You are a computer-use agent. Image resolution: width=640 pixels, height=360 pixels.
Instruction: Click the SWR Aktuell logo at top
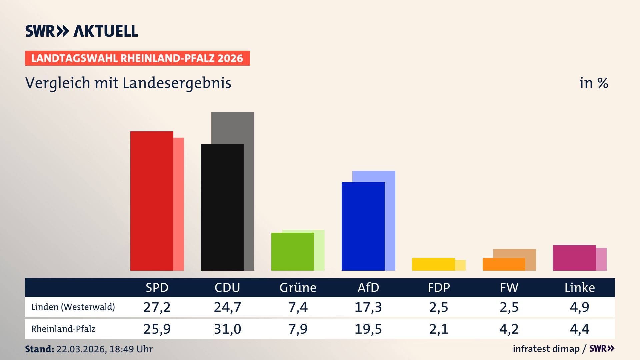tap(82, 31)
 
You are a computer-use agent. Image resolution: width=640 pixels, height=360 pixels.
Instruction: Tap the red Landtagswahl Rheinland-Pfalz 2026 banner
tap(137, 58)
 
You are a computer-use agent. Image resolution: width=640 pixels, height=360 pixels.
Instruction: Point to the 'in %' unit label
tap(593, 83)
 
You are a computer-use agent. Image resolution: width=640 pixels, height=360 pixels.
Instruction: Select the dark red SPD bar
tap(152, 201)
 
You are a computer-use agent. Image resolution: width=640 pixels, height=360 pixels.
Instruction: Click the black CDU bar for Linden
tap(222, 207)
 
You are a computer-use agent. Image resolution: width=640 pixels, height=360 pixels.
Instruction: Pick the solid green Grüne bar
tap(293, 252)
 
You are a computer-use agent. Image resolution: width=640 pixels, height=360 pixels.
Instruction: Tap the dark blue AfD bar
tap(363, 226)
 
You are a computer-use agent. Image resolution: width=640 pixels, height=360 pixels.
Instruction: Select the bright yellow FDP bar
tap(433, 264)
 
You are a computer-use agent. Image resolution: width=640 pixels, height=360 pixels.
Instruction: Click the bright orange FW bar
tap(504, 264)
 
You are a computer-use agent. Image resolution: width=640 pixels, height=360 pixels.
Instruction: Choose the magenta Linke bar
tap(574, 258)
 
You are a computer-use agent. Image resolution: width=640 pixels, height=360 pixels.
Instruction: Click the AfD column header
tap(368, 287)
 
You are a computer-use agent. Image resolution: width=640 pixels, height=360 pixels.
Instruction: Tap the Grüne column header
tap(298, 287)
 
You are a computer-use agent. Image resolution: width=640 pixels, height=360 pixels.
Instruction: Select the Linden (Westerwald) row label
tap(73, 307)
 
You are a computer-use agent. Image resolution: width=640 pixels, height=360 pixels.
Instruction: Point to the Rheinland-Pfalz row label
tap(63, 329)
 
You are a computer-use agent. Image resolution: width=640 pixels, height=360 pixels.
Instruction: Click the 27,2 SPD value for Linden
tap(157, 307)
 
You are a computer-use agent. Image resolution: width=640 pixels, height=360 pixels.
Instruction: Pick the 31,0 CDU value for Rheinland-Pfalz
tap(227, 329)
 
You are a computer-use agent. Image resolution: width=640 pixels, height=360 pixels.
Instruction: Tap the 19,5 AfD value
tap(368, 329)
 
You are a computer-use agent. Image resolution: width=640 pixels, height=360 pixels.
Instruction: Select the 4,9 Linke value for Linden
tap(580, 307)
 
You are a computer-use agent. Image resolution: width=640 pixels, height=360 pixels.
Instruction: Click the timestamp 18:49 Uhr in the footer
tap(131, 349)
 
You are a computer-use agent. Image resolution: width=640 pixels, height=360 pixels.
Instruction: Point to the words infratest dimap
tap(546, 349)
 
